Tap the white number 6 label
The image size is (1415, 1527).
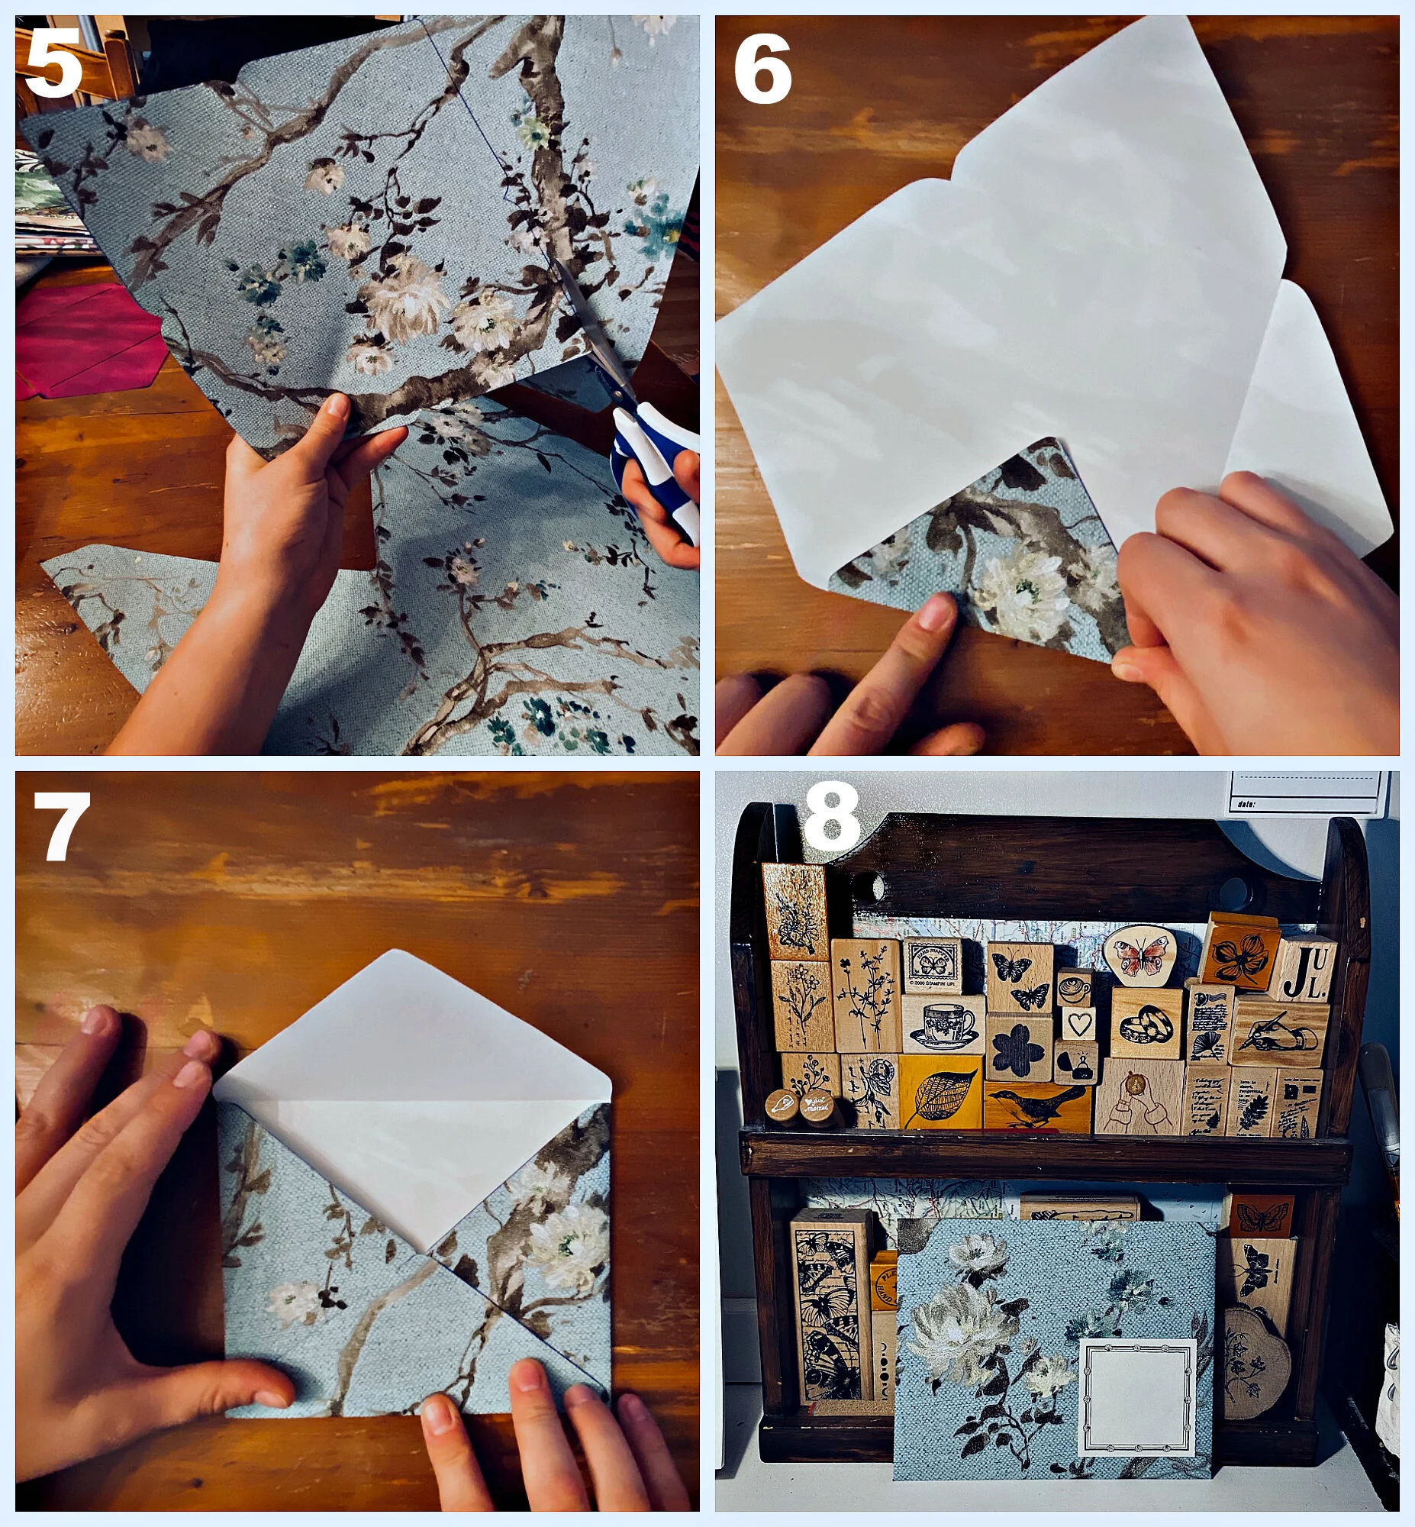(x=762, y=70)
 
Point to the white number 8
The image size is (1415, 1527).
(x=831, y=818)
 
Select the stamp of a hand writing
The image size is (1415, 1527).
(x=1280, y=1032)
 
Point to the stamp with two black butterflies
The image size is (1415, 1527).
(x=1019, y=978)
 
